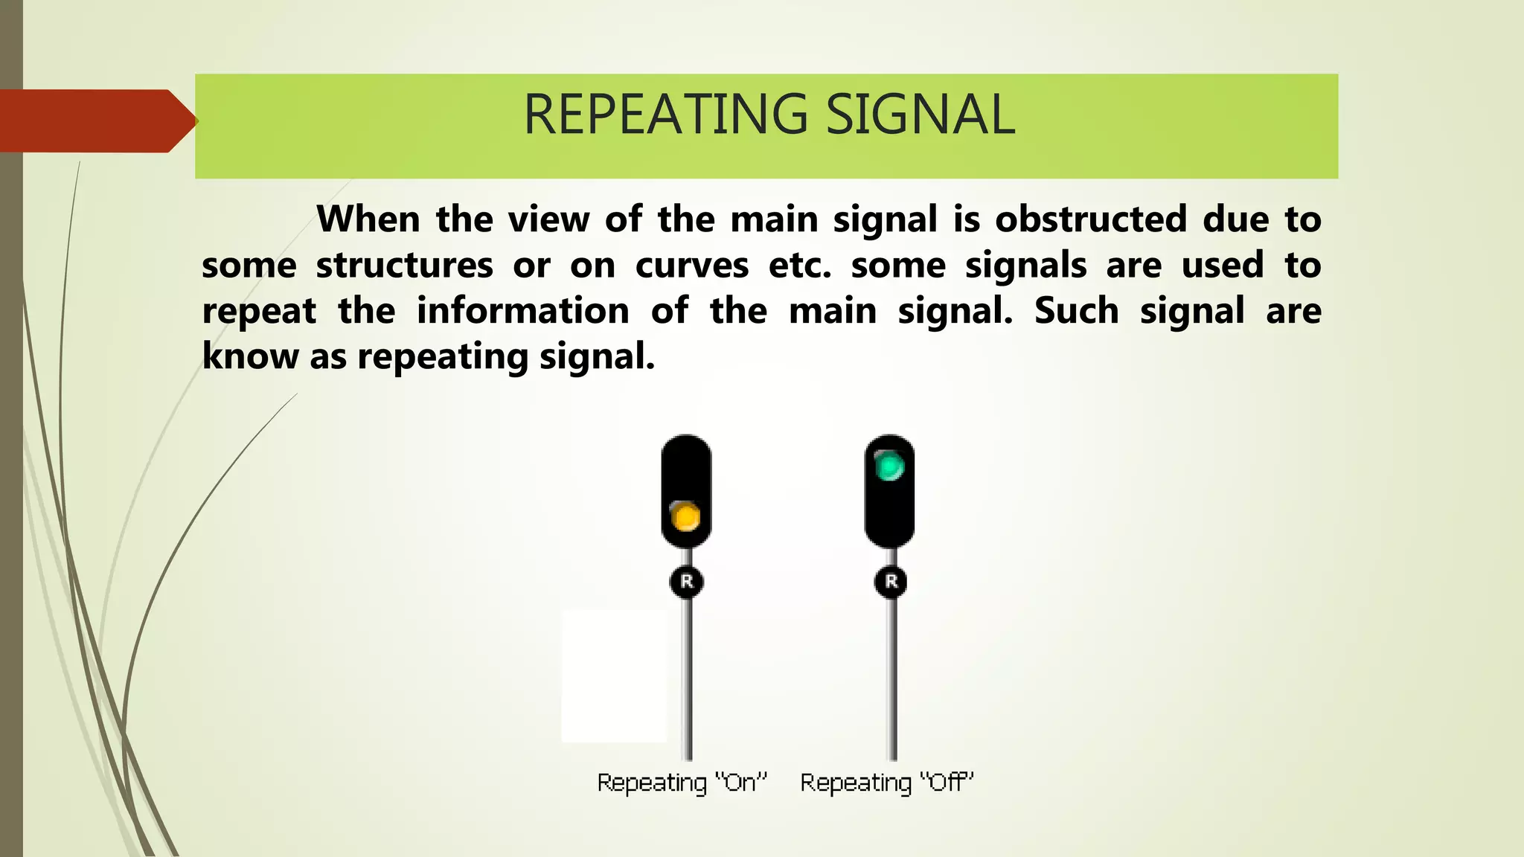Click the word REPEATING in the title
pos(665,115)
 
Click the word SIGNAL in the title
pos(921,115)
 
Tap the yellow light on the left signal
pos(685,516)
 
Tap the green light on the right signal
pos(889,467)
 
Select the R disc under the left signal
pos(686,581)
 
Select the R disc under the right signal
pos(891,581)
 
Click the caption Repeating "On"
pos(681,783)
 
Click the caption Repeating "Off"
pos(886,783)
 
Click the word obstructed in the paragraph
pos(1090,219)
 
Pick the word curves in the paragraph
pos(691,266)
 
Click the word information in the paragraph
pos(522,311)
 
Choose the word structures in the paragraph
pos(404,266)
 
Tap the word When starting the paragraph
pos(367,219)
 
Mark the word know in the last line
pos(250,356)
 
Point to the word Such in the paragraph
pos(1076,311)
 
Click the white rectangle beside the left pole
pos(614,675)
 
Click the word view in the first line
pos(548,219)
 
